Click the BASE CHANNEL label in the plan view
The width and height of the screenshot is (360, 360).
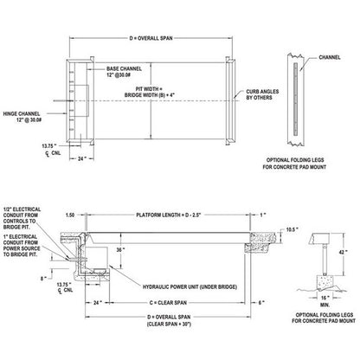click(x=126, y=70)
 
